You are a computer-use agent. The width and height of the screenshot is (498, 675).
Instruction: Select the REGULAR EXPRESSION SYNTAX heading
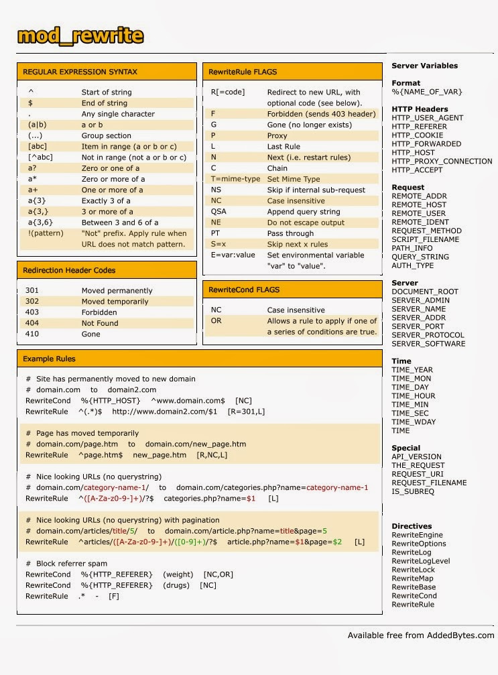[80, 72]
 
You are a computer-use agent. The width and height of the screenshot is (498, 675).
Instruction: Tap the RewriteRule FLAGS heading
[242, 72]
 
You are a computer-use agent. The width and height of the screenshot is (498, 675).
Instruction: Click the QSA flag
[219, 212]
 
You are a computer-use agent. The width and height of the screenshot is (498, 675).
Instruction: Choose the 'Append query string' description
[304, 212]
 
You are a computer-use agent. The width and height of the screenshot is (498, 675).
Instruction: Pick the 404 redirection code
[32, 323]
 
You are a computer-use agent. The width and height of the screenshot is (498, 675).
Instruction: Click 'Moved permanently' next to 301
[117, 291]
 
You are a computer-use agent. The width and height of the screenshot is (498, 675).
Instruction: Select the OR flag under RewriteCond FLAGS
[216, 321]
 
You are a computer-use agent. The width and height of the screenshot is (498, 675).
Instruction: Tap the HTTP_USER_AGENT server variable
[427, 118]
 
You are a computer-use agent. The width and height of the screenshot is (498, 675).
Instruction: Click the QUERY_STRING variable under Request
[420, 257]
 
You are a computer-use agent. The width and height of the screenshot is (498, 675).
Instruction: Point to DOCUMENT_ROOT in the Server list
[425, 292]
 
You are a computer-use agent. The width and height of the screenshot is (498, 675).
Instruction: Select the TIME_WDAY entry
[414, 422]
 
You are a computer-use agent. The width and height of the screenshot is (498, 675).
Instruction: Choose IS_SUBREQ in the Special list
[413, 491]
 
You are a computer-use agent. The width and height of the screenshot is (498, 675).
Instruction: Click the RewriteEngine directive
[417, 535]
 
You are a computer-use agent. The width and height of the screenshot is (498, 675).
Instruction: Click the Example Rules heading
[50, 359]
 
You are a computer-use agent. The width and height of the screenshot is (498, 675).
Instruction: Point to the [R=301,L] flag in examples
[247, 412]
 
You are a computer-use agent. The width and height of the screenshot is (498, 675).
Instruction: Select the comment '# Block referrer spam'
[66, 564]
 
